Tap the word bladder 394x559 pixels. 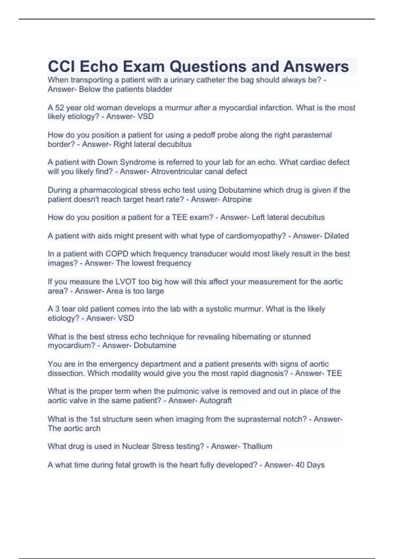point(160,89)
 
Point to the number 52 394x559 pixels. point(59,108)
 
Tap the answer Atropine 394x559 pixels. point(237,199)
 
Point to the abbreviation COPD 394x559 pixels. point(117,254)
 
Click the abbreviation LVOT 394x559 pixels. point(125,282)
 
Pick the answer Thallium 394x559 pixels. point(257,446)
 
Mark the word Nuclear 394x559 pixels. point(137,446)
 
